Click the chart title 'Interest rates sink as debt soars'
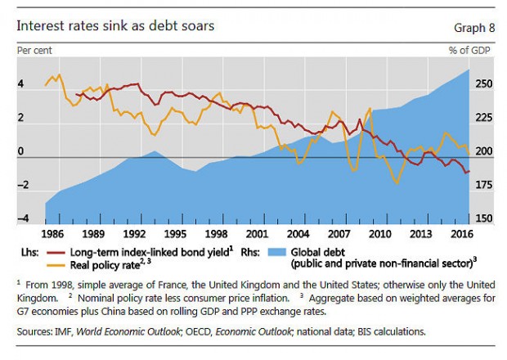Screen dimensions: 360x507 (116, 25)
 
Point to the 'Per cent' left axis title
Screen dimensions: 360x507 (34, 51)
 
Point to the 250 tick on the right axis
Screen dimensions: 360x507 (482, 83)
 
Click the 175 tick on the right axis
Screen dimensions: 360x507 (482, 186)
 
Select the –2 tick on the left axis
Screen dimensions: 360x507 (23, 186)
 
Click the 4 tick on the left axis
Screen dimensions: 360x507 (23, 83)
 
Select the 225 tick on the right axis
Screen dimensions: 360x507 (482, 118)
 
